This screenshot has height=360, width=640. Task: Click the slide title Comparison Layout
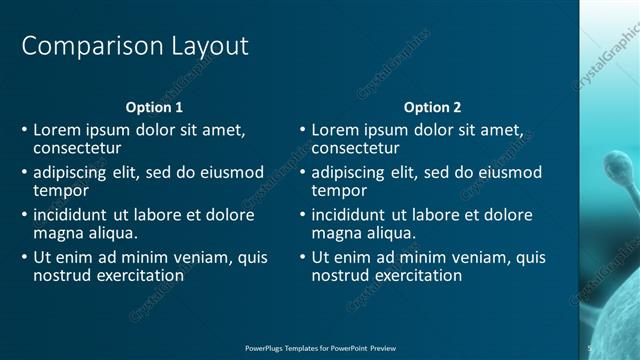tap(135, 46)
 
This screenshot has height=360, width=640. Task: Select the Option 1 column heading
tap(154, 107)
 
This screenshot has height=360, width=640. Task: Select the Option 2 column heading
tap(433, 107)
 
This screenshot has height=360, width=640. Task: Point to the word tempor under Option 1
tap(61, 190)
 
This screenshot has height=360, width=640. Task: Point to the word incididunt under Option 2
tap(350, 215)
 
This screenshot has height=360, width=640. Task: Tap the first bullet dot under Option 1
tap(25, 130)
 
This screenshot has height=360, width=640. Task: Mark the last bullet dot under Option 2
tap(304, 258)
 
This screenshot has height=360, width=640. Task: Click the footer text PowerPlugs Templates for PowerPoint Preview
tap(320, 348)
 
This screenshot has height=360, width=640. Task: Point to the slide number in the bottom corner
tap(589, 348)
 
